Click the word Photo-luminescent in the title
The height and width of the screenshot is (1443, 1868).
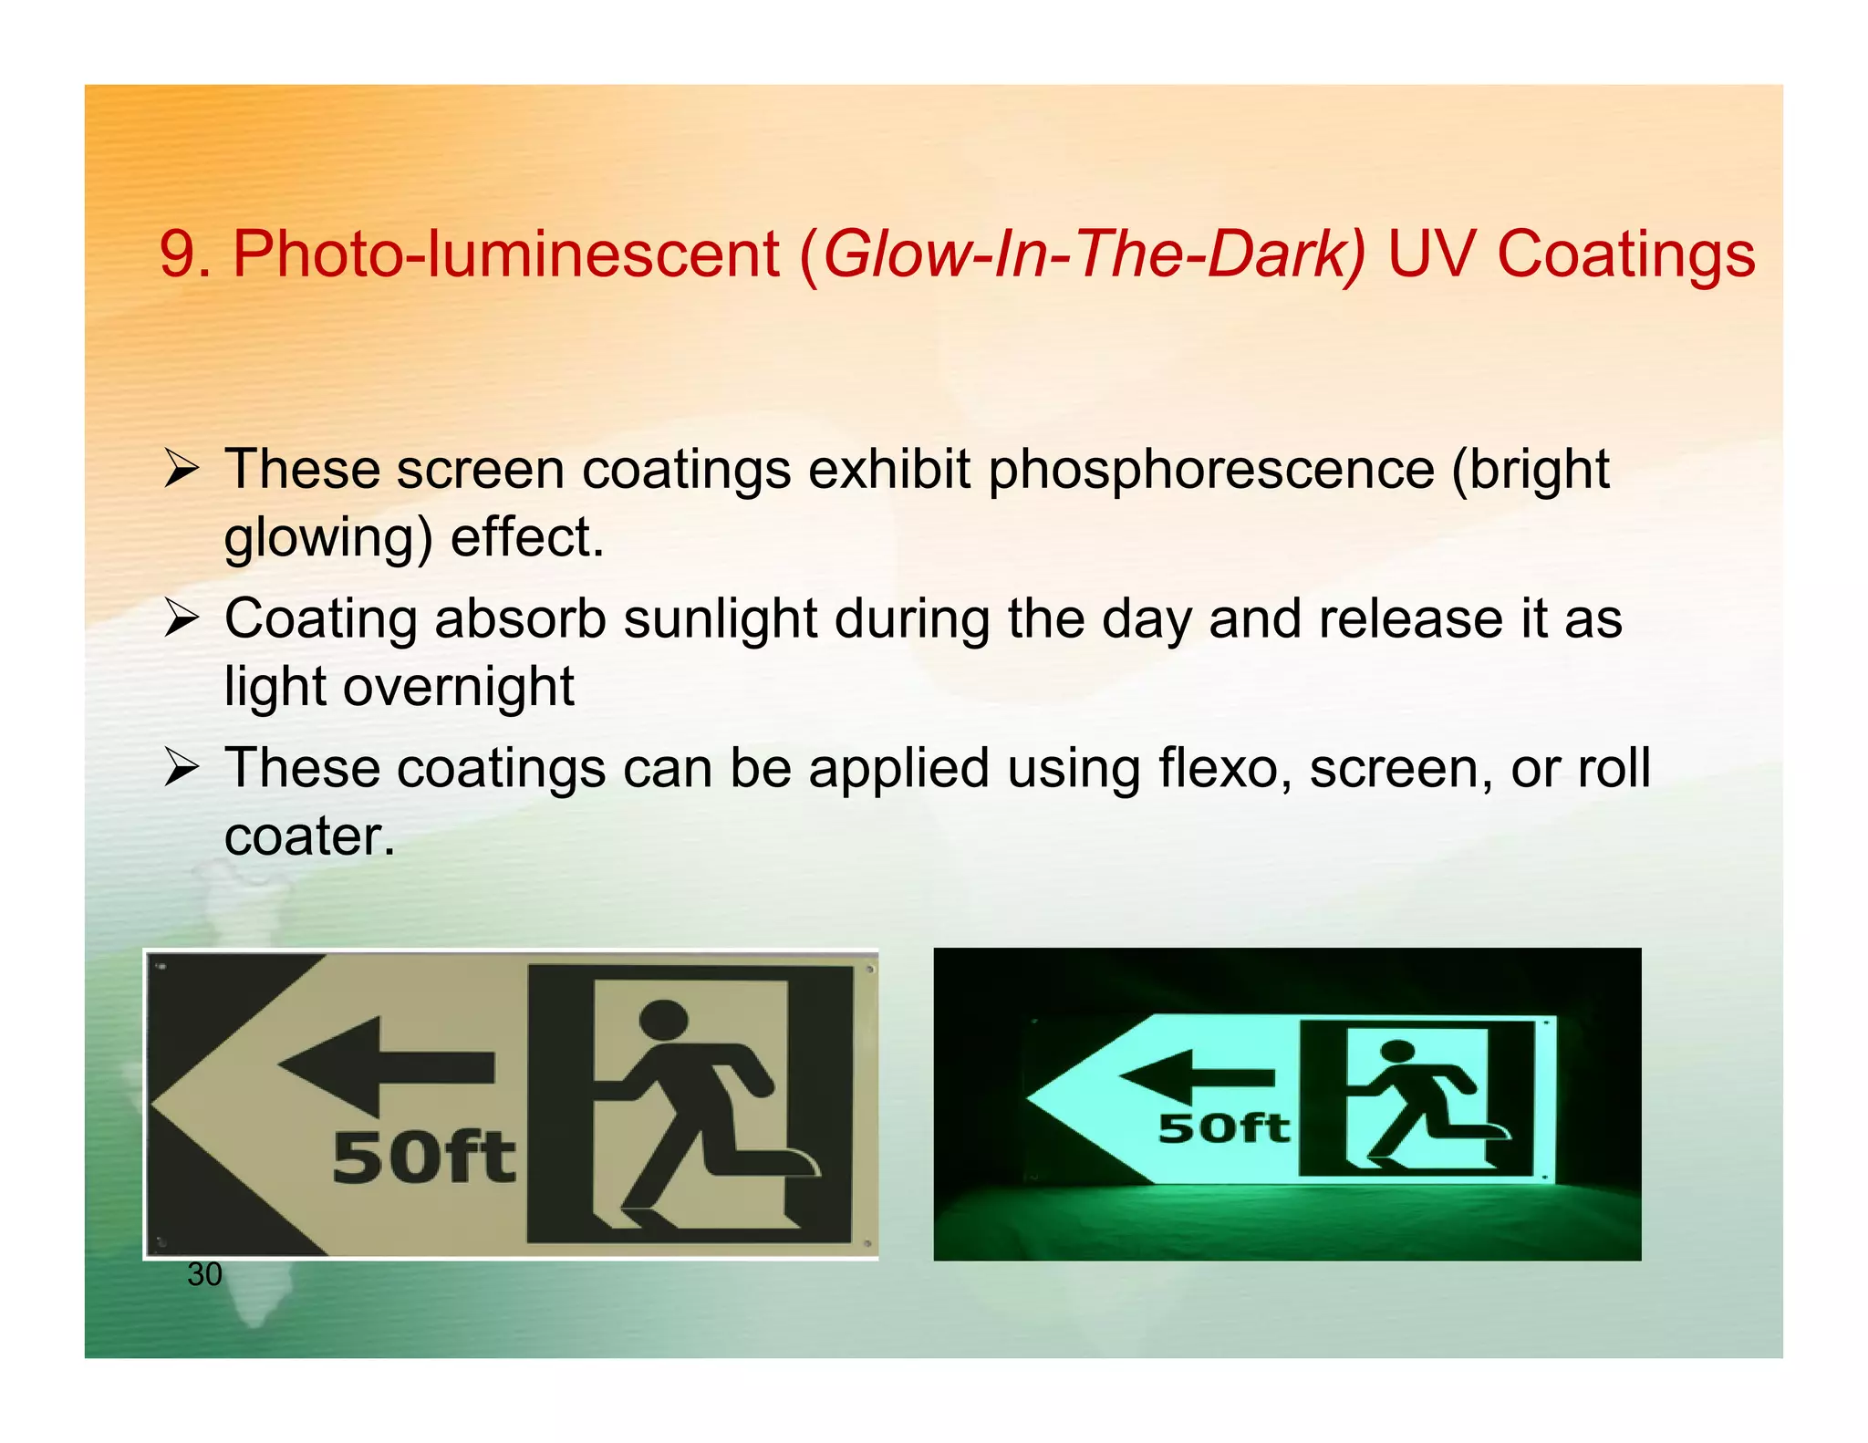click(506, 254)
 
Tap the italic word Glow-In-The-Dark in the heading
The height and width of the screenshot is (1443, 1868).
click(1094, 254)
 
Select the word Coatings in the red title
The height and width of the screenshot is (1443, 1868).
click(1625, 254)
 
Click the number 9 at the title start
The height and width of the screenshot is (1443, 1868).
click(176, 254)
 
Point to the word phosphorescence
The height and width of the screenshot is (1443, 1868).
click(1212, 470)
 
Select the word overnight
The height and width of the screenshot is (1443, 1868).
click(459, 686)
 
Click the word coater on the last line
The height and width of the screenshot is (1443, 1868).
click(304, 836)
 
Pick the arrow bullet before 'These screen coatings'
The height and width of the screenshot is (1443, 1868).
click(182, 470)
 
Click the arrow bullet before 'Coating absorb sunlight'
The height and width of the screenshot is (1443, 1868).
click(182, 619)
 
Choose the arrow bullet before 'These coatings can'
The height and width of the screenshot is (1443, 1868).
click(182, 768)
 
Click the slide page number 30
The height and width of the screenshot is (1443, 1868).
click(204, 1274)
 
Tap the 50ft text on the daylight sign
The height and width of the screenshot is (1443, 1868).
click(424, 1158)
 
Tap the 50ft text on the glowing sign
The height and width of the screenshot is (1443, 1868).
click(1224, 1129)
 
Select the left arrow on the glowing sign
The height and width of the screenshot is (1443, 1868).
click(1195, 1077)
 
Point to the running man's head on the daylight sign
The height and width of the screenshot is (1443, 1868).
click(664, 1019)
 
